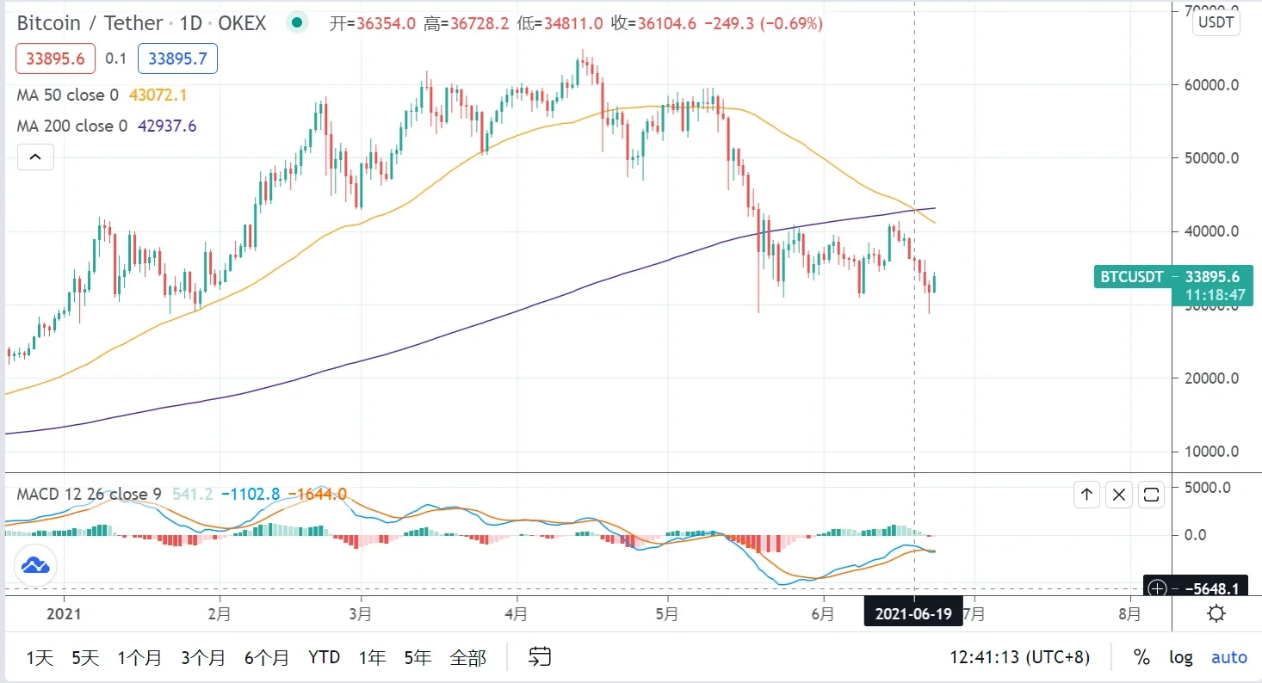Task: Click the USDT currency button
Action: click(1216, 22)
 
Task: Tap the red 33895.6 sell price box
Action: click(56, 58)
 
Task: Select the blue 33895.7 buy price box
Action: click(176, 58)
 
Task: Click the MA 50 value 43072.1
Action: click(158, 95)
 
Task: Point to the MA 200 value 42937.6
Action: click(166, 126)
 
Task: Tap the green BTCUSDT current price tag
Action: click(1171, 277)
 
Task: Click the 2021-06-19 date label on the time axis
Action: click(913, 614)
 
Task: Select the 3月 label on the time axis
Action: click(362, 614)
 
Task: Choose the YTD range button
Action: click(324, 658)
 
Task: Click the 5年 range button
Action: click(418, 658)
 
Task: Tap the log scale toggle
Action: click(1180, 658)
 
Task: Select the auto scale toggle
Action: click(1228, 658)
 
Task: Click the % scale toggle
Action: click(1141, 658)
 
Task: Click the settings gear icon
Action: click(1216, 614)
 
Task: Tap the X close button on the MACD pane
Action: click(1118, 495)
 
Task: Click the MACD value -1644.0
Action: click(318, 495)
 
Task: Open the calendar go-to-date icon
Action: click(540, 658)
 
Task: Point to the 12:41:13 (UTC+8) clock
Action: click(1019, 658)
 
